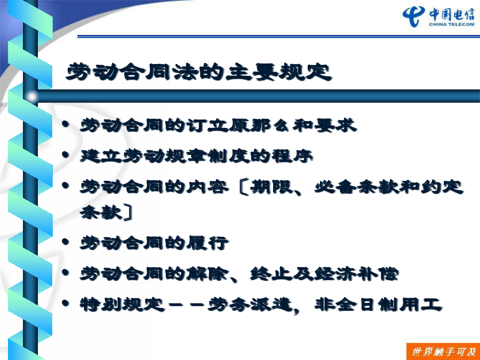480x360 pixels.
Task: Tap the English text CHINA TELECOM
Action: coord(452,25)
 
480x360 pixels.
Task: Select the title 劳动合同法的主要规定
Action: coord(199,72)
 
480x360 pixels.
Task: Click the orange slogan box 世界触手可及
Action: coord(443,352)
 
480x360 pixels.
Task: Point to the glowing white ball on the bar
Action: coord(31,97)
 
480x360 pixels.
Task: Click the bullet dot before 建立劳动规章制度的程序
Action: coord(65,155)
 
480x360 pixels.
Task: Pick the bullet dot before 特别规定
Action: coord(65,303)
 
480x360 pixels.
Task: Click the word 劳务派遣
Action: coord(250,305)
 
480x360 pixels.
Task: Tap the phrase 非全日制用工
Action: coord(378,305)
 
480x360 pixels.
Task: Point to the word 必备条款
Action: coord(357,187)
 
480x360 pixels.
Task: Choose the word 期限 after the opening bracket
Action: coord(271,187)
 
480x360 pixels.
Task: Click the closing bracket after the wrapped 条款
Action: coord(128,212)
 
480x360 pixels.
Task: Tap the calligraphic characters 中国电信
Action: coord(452,14)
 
